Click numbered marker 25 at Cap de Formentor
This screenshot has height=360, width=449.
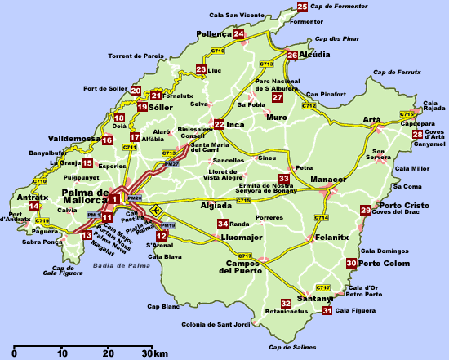[x=302, y=7]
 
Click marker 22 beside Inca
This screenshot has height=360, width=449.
[x=219, y=125]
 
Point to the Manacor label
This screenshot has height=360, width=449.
[x=329, y=179]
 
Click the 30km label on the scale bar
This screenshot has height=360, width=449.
[x=154, y=353]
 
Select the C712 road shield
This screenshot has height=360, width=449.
[x=309, y=105]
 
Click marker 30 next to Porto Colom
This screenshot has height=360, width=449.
[x=351, y=263]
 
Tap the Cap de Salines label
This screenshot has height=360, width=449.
[x=292, y=348]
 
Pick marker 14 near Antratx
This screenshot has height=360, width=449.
[x=33, y=206]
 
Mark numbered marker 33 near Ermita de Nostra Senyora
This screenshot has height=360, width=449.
[x=284, y=178]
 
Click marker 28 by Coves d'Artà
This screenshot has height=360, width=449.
[x=417, y=135]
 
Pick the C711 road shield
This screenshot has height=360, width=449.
[x=130, y=148]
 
